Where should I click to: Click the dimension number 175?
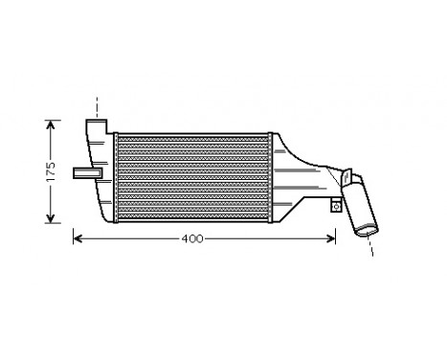[x=54, y=170]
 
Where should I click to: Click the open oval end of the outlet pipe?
[x=366, y=230]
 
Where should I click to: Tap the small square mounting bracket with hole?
[x=339, y=203]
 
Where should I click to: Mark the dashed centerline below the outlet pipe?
[x=371, y=246]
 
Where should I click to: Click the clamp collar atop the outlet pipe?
[x=355, y=182]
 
